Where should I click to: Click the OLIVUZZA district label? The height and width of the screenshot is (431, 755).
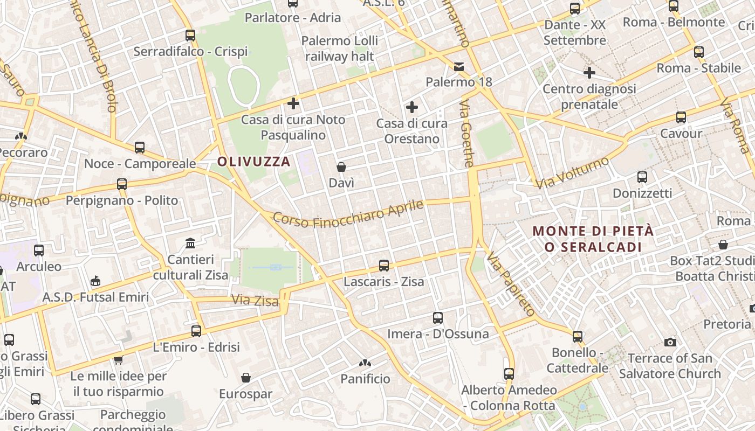click(x=253, y=161)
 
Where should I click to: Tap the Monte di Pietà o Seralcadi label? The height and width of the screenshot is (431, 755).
click(x=593, y=239)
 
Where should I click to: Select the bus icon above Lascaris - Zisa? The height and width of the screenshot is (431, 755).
click(x=384, y=265)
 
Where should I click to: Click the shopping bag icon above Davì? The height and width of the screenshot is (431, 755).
click(x=341, y=167)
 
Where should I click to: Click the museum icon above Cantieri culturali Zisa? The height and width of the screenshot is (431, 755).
click(x=190, y=244)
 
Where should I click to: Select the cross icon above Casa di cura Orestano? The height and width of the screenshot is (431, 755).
click(x=412, y=107)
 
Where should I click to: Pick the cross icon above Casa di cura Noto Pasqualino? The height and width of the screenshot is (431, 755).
click(x=293, y=103)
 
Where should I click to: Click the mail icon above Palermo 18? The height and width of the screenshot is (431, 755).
click(x=459, y=67)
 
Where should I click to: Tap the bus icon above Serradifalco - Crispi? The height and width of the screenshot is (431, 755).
click(x=190, y=36)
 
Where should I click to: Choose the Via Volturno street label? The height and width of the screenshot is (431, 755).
click(x=573, y=172)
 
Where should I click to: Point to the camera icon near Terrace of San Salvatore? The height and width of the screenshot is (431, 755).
click(x=670, y=342)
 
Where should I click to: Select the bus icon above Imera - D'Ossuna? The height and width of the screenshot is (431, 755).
click(x=438, y=318)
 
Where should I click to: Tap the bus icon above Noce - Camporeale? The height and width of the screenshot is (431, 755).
click(x=140, y=147)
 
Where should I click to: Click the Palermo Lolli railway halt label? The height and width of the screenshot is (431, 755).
click(x=340, y=48)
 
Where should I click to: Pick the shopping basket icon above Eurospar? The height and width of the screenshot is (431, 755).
click(x=246, y=378)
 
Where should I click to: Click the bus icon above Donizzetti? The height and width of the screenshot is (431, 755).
click(x=642, y=177)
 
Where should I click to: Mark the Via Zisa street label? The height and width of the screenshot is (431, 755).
click(x=255, y=300)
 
